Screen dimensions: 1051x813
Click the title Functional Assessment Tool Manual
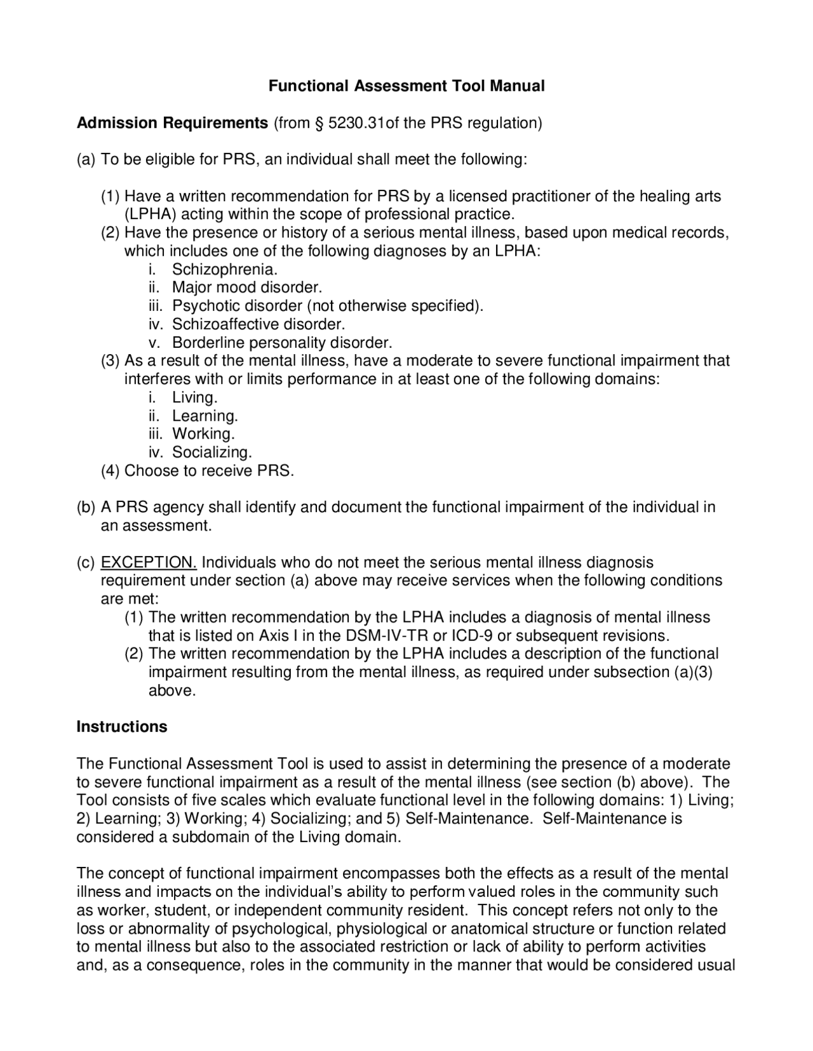click(x=406, y=86)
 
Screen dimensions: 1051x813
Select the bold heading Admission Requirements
click(x=172, y=122)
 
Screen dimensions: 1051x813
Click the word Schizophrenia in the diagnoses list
click(x=225, y=269)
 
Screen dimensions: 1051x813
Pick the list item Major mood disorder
click(x=247, y=288)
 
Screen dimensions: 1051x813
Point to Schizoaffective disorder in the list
click(x=259, y=324)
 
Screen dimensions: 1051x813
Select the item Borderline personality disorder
click(x=282, y=343)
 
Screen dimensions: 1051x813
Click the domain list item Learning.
click(x=205, y=416)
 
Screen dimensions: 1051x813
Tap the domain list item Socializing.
click(x=212, y=453)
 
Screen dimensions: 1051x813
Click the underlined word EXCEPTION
click(x=149, y=562)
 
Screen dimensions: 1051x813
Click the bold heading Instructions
click(x=122, y=727)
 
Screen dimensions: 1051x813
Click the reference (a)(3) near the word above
click(x=692, y=672)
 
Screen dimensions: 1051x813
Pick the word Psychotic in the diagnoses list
click(x=206, y=306)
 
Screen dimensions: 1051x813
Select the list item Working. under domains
click(x=203, y=434)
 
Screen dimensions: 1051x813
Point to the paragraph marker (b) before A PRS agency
click(x=86, y=508)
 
